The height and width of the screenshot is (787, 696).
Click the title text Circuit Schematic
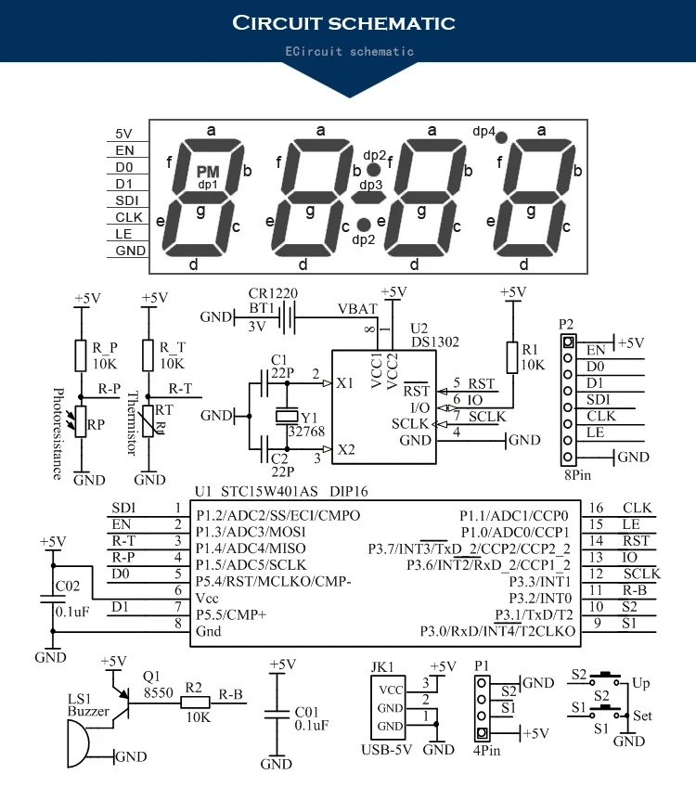343,22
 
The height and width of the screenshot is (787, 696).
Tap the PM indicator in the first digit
208,172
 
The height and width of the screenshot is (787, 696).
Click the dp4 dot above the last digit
500,136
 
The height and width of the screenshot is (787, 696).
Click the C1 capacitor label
278,358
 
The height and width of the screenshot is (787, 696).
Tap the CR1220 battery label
272,293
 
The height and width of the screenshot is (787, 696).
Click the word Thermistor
130,429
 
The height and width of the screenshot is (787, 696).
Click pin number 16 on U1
597,508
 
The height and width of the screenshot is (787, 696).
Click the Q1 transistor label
151,677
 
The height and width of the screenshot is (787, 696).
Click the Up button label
640,683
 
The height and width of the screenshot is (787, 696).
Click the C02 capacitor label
68,587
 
